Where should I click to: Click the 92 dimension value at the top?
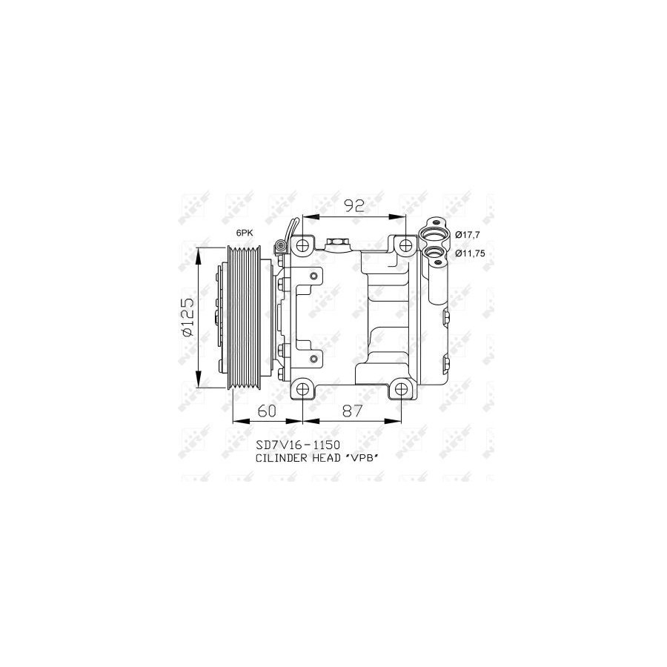tap(354, 206)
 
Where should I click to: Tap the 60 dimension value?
tap(267, 411)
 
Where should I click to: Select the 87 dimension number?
tap(353, 411)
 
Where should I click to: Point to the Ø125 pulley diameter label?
tap(188, 317)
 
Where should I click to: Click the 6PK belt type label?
tap(245, 233)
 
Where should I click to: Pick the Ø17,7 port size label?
tap(468, 234)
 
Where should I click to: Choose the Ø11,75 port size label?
tap(470, 253)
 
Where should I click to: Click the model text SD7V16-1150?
tap(298, 445)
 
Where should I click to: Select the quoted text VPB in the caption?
tap(360, 458)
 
